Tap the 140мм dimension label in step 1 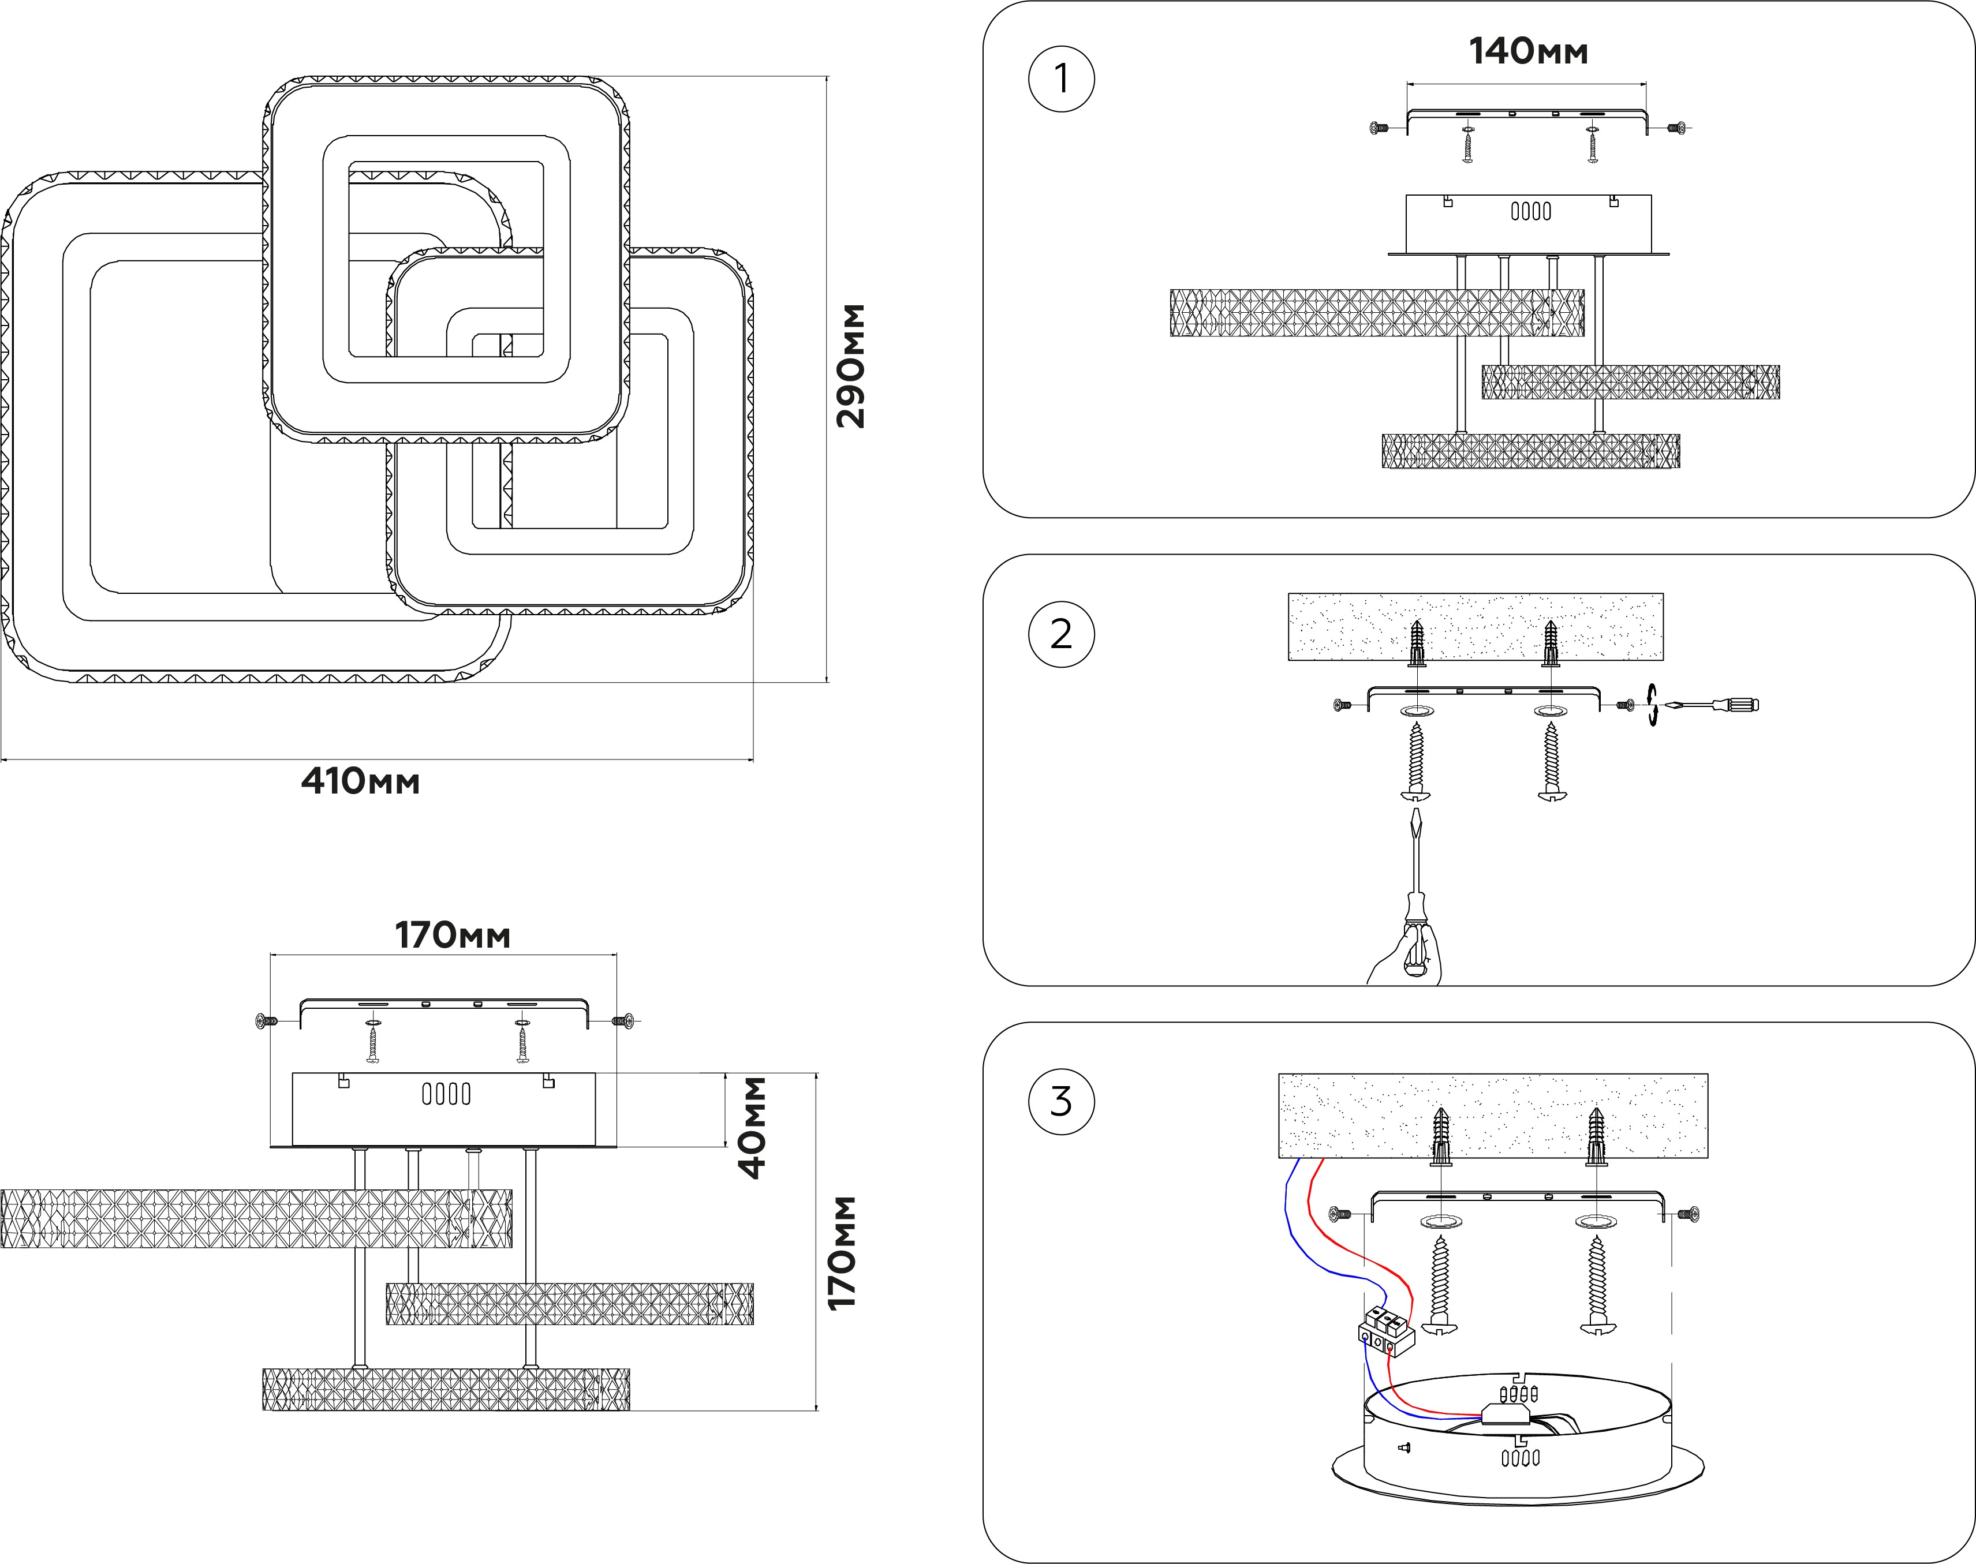[x=1528, y=51]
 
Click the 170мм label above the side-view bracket [x=453, y=935]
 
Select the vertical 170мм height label [x=842, y=1253]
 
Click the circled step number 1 [x=1061, y=78]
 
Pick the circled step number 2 [x=1061, y=634]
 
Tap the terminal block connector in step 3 [x=1385, y=1331]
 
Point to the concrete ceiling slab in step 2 [x=1475, y=626]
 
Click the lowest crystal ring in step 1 [x=1530, y=451]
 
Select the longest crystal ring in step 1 [x=1376, y=313]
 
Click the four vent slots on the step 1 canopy [x=1530, y=212]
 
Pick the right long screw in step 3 [x=1597, y=1286]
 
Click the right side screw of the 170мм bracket [x=627, y=1020]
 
